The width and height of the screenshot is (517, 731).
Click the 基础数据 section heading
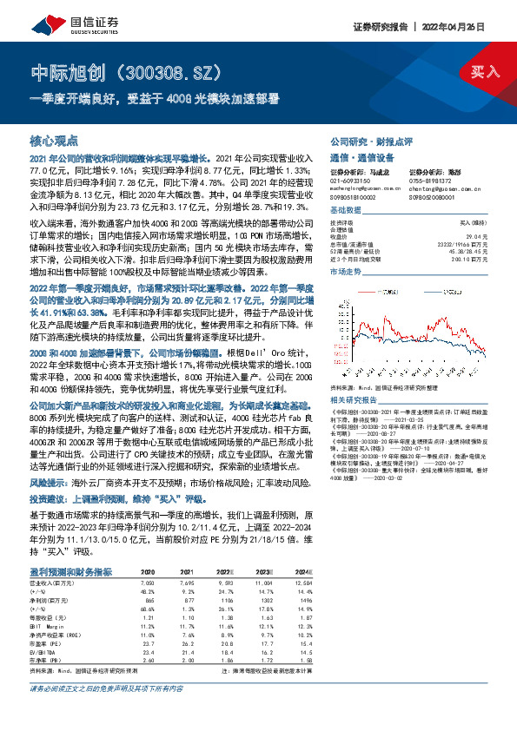pyautogui.click(x=345, y=213)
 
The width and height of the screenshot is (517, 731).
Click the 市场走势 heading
pyautogui.click(x=345, y=272)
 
